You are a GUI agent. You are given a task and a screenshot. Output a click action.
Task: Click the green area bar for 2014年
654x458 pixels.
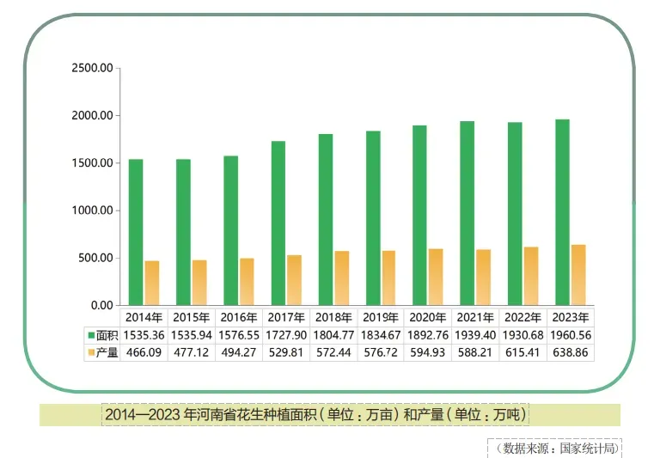[136, 232]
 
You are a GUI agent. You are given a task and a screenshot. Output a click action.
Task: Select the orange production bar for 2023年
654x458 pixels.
[578, 275]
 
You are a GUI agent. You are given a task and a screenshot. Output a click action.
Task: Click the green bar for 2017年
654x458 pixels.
[278, 223]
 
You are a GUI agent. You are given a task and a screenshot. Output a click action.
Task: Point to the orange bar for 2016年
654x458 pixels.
[247, 281]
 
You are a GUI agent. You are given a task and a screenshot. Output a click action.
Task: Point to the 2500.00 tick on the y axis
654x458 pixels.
[91, 68]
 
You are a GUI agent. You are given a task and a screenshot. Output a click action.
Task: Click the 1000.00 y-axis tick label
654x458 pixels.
[91, 211]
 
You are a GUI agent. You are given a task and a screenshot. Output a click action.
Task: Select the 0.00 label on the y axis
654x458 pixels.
[101, 305]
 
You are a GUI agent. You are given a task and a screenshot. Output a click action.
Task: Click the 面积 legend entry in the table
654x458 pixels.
[102, 334]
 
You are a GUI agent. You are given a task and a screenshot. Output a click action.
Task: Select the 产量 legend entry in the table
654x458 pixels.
[102, 352]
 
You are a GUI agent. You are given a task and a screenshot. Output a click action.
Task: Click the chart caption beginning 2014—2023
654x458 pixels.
[316, 415]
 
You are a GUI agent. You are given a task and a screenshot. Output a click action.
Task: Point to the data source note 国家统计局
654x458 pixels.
[559, 448]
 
